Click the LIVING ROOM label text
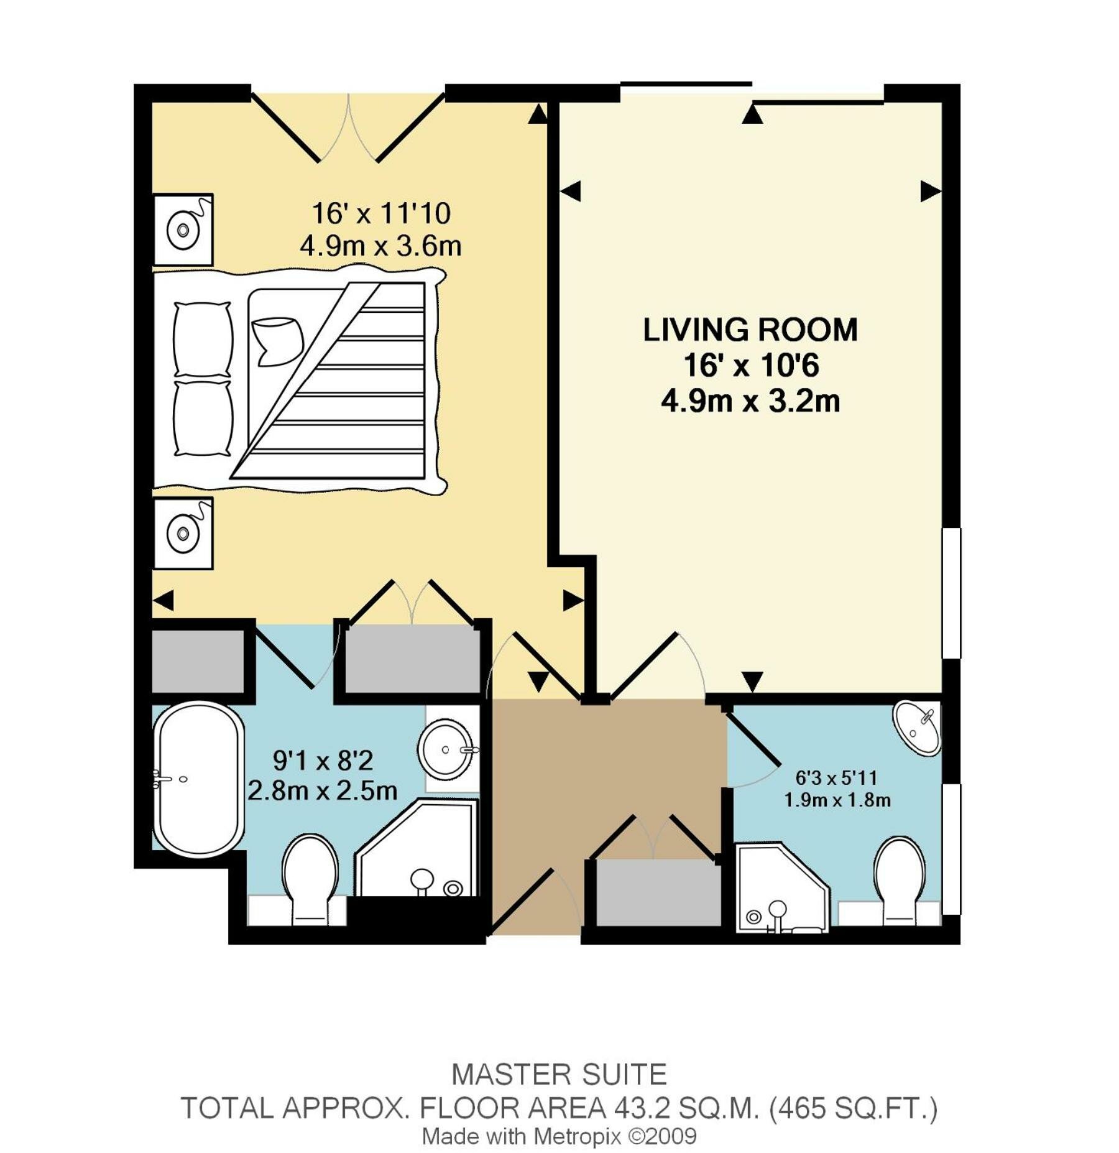750,330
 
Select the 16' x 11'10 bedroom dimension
380,213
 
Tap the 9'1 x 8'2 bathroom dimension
322,760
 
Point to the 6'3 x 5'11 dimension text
836,778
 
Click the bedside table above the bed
183,229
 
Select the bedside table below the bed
183,533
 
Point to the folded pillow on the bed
277,341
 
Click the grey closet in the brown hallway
656,892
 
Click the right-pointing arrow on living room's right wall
929,191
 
